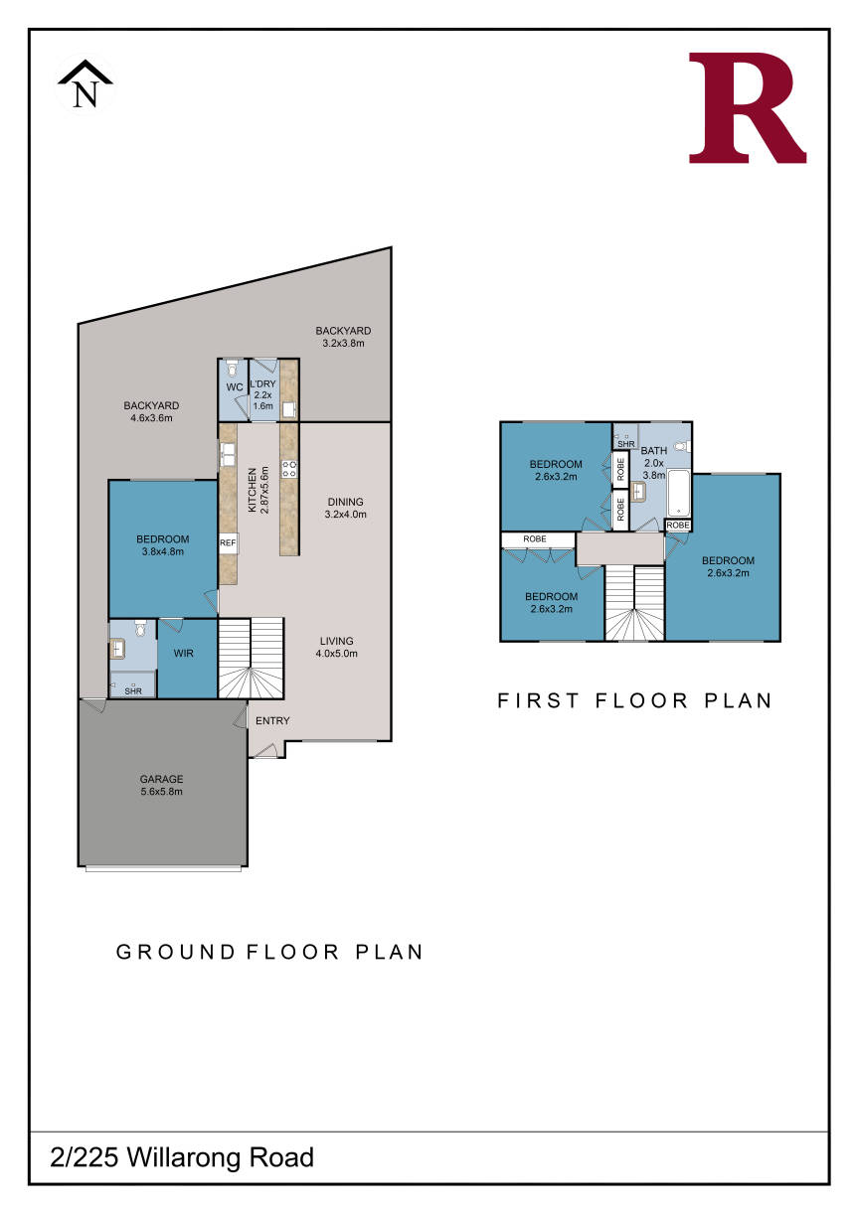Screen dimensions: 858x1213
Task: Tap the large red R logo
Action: pos(747,107)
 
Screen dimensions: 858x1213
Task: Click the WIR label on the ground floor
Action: pos(183,653)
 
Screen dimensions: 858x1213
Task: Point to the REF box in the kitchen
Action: pos(228,542)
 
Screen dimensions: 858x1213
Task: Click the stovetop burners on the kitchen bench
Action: pos(289,469)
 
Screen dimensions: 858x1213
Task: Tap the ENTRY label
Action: pos(272,721)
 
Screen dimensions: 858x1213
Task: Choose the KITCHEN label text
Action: pos(253,490)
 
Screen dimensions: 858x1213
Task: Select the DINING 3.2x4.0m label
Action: pos(345,508)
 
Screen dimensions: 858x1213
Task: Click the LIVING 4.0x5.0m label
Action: pos(337,647)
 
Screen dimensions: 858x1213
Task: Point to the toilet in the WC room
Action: pos(233,369)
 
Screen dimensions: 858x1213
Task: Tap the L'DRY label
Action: pos(262,383)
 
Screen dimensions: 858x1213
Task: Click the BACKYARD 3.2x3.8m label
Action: pos(343,337)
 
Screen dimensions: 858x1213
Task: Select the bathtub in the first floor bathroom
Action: pos(678,493)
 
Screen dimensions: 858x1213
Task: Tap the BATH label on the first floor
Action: pos(653,450)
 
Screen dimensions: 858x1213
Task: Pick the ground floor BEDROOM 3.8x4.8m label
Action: pos(163,545)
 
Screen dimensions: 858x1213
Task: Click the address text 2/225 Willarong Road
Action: pos(182,1157)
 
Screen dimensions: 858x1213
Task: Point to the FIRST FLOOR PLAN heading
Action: pos(634,700)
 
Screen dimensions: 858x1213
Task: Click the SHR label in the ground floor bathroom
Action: pos(133,691)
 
